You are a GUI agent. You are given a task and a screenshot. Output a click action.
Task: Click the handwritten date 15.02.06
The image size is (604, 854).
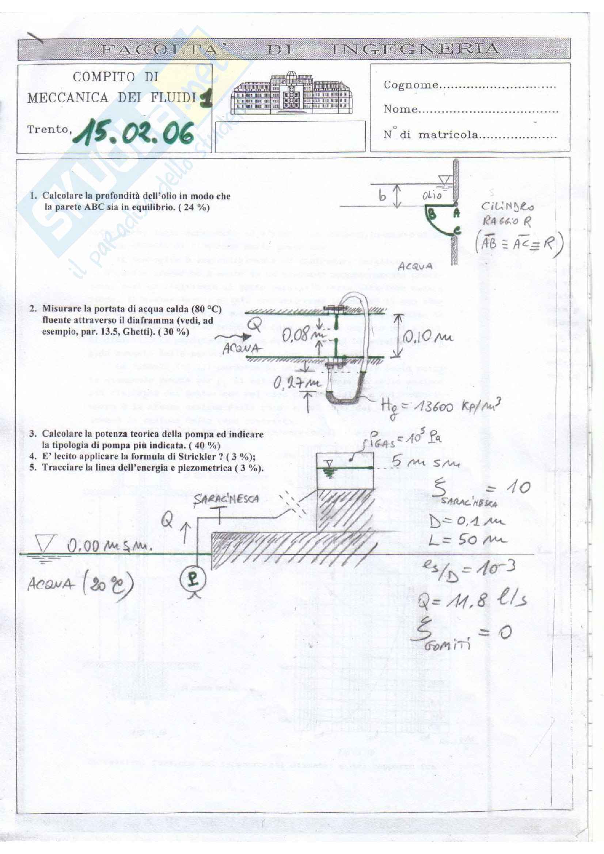133,133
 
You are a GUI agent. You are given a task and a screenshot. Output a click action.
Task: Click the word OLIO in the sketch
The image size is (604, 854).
432,195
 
